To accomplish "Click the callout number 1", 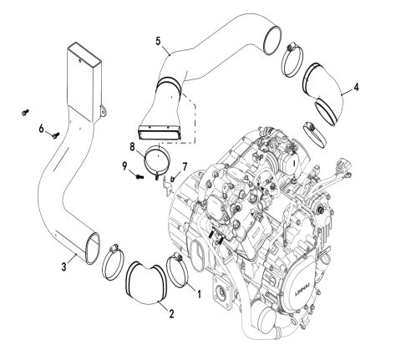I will pos(198,292).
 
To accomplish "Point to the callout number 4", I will pos(357,86).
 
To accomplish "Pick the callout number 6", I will pos(39,128).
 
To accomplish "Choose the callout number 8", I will pos(132,148).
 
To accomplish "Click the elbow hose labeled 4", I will pos(327,89).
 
